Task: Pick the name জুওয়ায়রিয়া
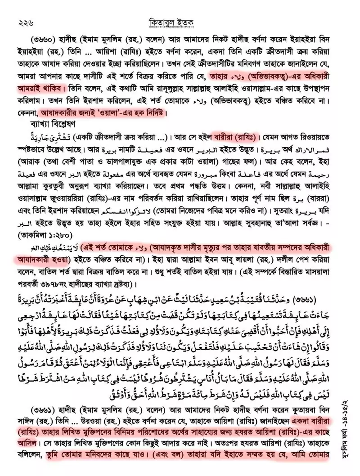(x=87, y=197)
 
